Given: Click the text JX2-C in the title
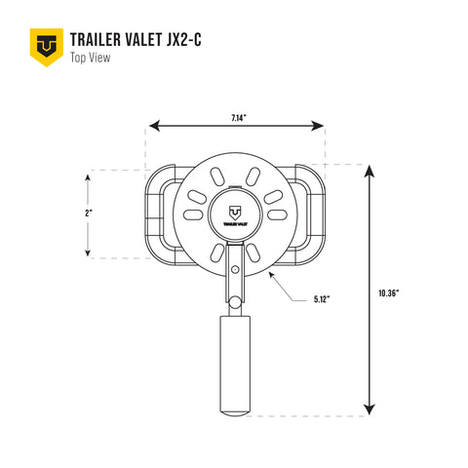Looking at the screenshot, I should (184, 39).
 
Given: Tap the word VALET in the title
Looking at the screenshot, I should (140, 39).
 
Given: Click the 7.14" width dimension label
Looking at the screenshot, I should (237, 118).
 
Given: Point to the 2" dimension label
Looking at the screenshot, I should (89, 212).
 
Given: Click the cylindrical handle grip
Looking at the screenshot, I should (236, 362).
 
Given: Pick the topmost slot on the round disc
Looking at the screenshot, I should (235, 167).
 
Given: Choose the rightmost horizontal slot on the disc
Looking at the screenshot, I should (278, 213).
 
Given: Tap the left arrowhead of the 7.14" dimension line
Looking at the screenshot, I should (152, 127).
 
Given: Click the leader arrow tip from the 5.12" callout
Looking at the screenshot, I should (263, 277).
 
